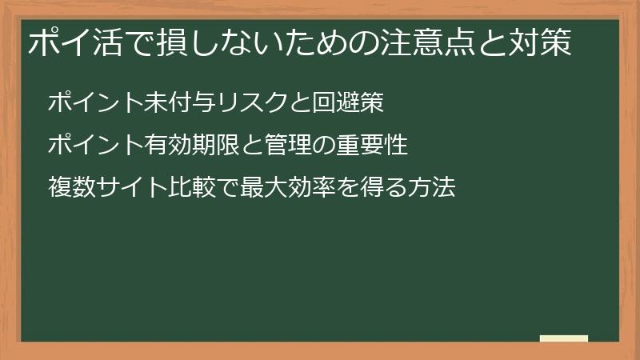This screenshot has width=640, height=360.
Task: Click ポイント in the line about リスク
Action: (x=90, y=102)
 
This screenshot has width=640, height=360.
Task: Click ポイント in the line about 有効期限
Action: (x=90, y=146)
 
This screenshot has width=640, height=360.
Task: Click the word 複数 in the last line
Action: (x=70, y=189)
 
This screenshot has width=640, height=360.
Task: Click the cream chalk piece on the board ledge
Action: (x=564, y=338)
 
